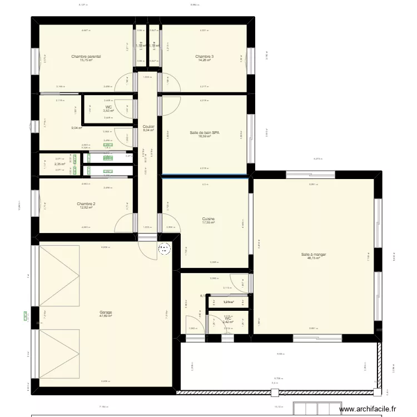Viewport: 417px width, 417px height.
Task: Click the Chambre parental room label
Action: point(86,56)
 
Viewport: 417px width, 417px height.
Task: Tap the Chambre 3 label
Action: point(204,56)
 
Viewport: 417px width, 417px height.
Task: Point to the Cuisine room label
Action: point(209,219)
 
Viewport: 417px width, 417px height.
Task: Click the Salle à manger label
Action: point(314,255)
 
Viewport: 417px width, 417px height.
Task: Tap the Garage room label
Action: point(106,312)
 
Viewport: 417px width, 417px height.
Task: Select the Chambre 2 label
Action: point(86,204)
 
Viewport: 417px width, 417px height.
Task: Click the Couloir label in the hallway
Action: point(148,127)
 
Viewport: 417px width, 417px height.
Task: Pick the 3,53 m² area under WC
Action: point(108,111)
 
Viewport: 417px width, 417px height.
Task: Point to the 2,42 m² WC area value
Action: point(228,322)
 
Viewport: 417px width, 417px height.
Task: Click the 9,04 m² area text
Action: point(76,128)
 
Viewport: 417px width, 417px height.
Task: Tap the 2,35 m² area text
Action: point(59,164)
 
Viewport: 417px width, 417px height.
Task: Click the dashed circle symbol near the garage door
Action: point(165,250)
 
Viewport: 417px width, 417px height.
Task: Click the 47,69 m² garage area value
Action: point(106,316)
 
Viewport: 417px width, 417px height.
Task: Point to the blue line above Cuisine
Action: point(205,177)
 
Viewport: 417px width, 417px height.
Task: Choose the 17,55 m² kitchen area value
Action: point(209,223)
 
